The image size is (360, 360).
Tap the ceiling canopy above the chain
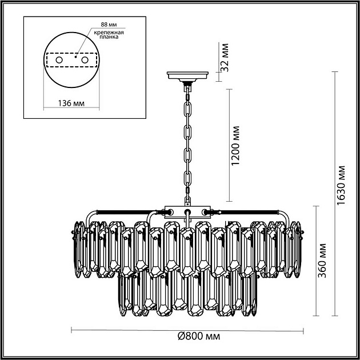(187, 75)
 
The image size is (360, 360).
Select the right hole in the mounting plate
(85, 60)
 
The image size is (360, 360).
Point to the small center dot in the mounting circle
(74, 57)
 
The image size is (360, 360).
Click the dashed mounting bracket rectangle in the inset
(72, 60)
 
